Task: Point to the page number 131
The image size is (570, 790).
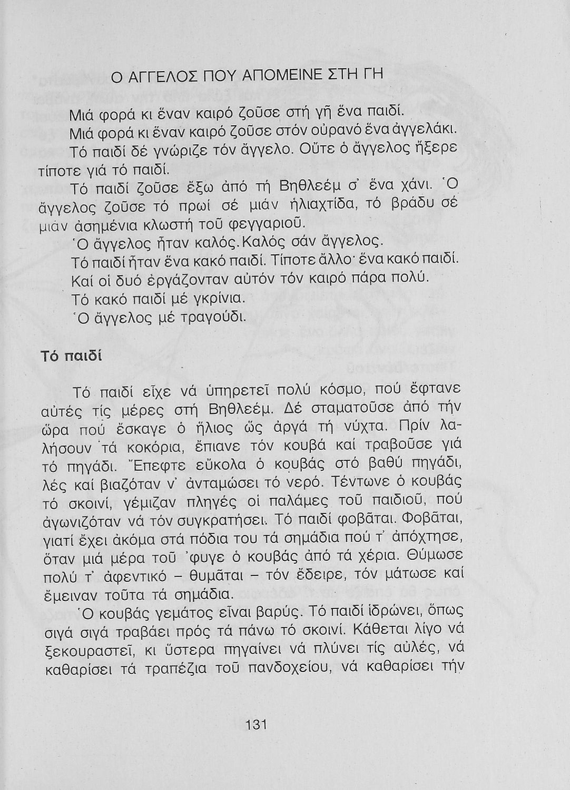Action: point(257,724)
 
